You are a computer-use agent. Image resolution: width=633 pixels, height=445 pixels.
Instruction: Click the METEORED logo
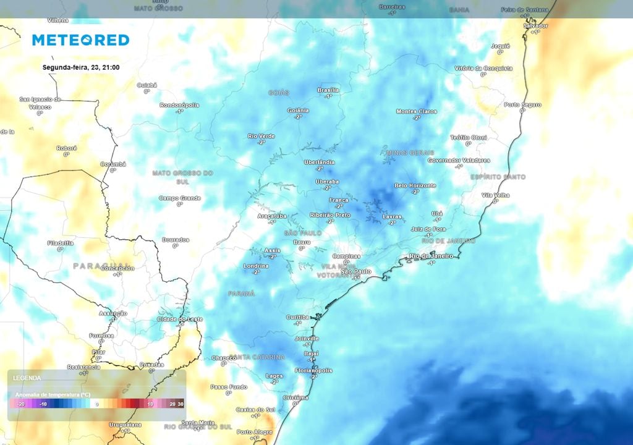(x=80, y=40)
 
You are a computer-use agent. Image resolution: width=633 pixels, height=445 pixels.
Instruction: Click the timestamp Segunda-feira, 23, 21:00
(x=81, y=67)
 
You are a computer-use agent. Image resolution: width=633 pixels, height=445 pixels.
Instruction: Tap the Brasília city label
(x=328, y=90)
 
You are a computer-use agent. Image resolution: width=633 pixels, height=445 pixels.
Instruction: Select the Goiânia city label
(x=298, y=111)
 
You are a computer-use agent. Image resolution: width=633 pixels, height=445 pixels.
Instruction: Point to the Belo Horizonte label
(x=415, y=185)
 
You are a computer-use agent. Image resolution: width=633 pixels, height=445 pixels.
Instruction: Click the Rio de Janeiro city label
(x=431, y=256)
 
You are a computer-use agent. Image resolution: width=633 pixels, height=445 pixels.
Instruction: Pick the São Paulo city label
(x=356, y=272)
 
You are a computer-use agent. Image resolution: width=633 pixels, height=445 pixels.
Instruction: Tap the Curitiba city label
(x=298, y=317)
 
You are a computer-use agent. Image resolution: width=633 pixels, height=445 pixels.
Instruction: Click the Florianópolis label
(x=313, y=371)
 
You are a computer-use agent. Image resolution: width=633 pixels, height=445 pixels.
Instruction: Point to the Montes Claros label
(x=417, y=112)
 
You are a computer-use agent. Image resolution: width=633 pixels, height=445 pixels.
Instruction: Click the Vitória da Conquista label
(x=483, y=68)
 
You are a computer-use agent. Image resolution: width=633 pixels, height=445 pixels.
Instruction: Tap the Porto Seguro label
(x=523, y=105)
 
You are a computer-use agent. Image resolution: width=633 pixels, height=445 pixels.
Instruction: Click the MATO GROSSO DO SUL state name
(x=182, y=177)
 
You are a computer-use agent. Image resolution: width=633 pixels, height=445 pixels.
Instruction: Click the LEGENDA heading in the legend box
(x=27, y=378)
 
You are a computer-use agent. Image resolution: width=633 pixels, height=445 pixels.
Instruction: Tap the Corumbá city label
(x=113, y=164)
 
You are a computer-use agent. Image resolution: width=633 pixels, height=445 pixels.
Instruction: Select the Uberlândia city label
(x=320, y=163)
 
